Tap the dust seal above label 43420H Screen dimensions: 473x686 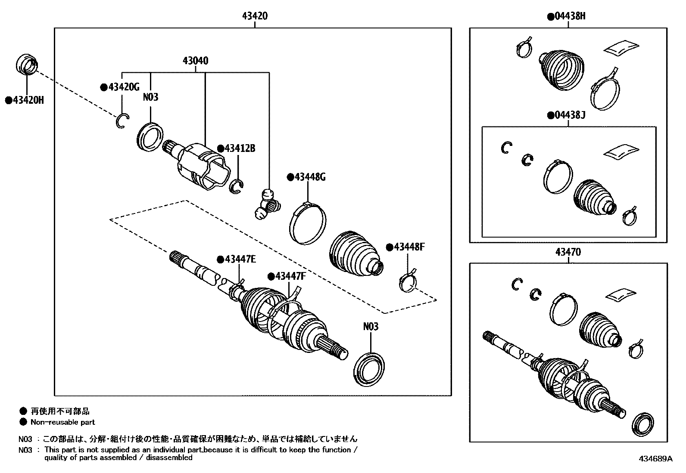(27, 65)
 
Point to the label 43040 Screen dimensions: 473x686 (195, 61)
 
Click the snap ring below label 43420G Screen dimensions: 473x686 (122, 121)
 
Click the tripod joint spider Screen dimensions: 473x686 (267, 204)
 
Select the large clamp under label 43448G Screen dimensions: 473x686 (307, 223)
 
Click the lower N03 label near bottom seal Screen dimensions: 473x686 (371, 327)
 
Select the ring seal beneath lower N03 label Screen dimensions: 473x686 (369, 369)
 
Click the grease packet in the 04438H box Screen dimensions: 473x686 (621, 47)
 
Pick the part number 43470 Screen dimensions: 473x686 (569, 252)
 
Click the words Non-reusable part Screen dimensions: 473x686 (62, 422)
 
